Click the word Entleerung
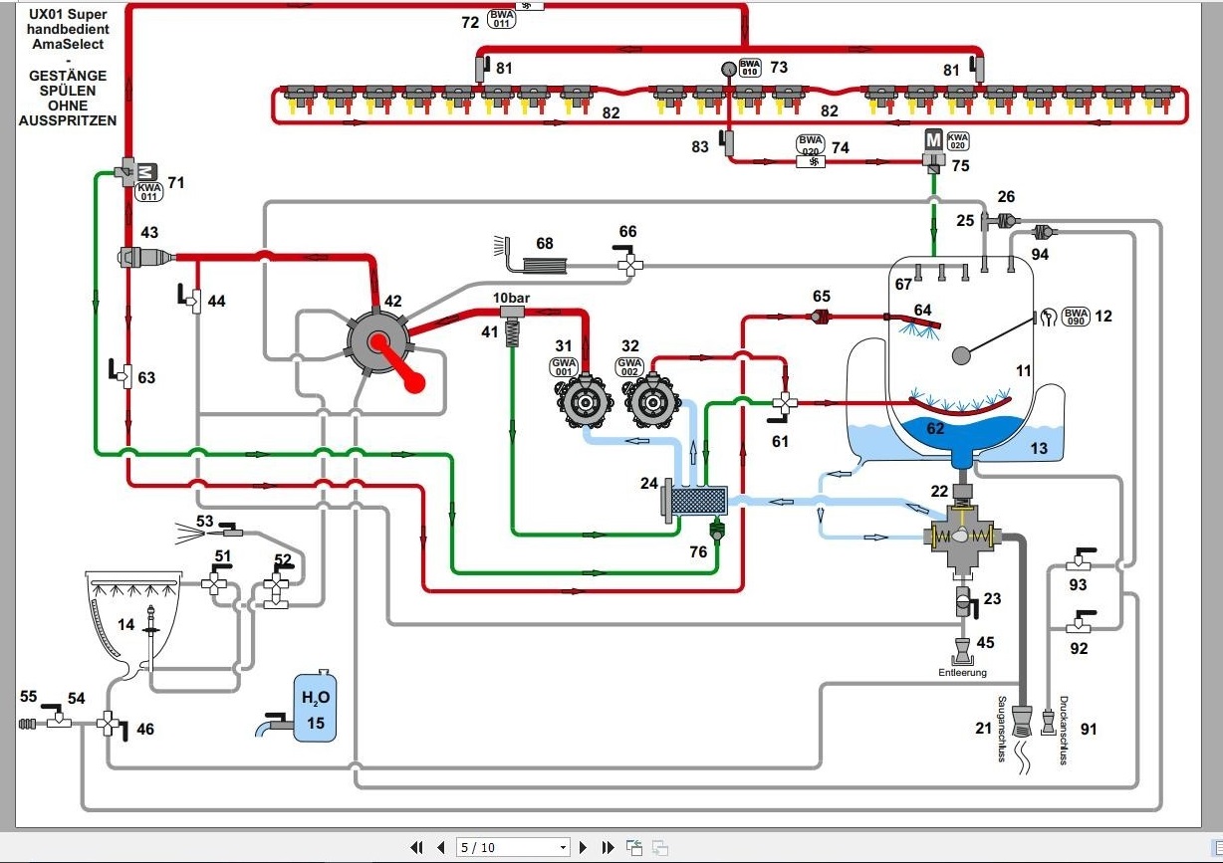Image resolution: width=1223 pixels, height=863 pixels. tap(962, 673)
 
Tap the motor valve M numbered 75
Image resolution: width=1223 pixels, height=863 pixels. tap(934, 142)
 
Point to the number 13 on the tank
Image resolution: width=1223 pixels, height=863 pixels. tap(1039, 449)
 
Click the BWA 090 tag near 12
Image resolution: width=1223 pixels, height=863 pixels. tap(1075, 317)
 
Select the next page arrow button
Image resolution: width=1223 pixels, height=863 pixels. tap(584, 848)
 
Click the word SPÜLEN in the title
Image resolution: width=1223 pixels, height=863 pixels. tap(67, 91)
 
